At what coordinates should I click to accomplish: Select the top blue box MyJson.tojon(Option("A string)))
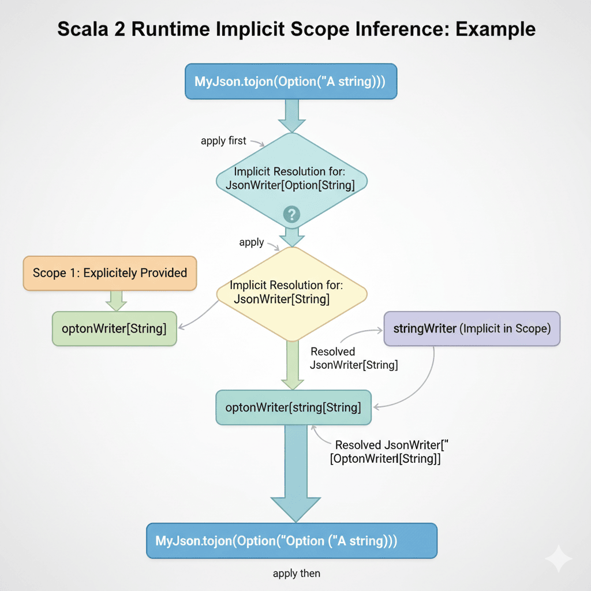pyautogui.click(x=291, y=81)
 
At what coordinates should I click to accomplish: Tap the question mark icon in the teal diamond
pyautogui.click(x=291, y=215)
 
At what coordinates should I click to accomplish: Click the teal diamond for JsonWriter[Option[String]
pyautogui.click(x=291, y=179)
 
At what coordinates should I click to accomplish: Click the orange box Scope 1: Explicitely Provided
pyautogui.click(x=110, y=273)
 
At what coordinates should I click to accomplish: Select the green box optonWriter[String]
pyautogui.click(x=114, y=329)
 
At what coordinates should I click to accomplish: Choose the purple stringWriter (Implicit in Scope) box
pyautogui.click(x=472, y=329)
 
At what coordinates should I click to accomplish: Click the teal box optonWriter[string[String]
pyautogui.click(x=293, y=407)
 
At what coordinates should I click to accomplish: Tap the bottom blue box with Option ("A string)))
pyautogui.click(x=291, y=541)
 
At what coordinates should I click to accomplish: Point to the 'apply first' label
pyautogui.click(x=223, y=140)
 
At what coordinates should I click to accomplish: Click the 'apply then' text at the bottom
pyautogui.click(x=296, y=574)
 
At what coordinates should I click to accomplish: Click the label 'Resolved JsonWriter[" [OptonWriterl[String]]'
pyautogui.click(x=388, y=452)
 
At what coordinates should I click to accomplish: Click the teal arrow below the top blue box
pyautogui.click(x=291, y=115)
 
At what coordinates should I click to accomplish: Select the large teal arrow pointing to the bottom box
pyautogui.click(x=297, y=473)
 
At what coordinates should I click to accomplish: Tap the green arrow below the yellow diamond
pyautogui.click(x=291, y=364)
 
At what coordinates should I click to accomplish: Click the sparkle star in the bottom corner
pyautogui.click(x=558, y=559)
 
